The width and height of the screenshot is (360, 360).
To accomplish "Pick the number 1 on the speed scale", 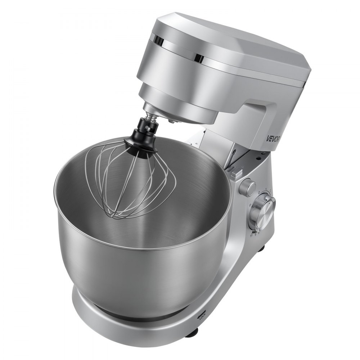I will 265,190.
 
